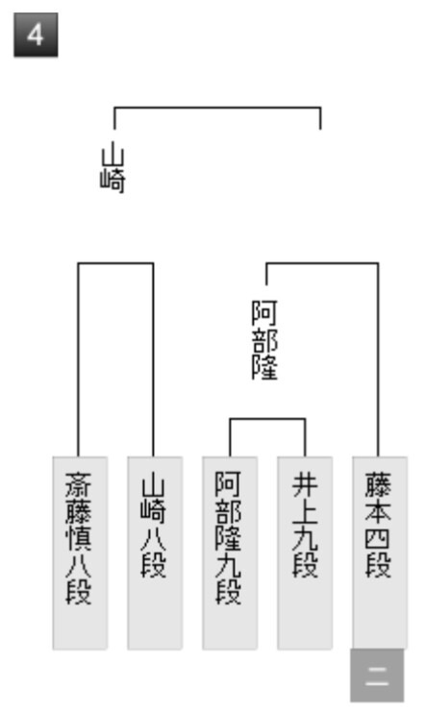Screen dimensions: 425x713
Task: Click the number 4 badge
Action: [36, 35]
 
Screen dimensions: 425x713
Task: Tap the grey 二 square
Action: [377, 676]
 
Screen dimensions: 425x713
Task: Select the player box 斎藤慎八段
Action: [80, 553]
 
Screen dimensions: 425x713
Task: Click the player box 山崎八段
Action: [155, 553]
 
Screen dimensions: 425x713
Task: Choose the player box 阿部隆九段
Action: [230, 553]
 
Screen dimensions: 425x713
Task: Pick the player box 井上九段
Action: [305, 553]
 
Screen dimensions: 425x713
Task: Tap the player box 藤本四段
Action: [380, 553]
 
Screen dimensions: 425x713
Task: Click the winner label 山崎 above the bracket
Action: [112, 167]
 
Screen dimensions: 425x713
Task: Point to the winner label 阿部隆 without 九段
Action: [264, 339]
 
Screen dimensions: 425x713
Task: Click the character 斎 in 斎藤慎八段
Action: [79, 484]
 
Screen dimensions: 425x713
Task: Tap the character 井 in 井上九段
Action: [305, 484]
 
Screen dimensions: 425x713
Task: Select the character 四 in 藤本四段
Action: [378, 538]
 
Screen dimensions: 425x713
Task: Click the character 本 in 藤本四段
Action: [378, 511]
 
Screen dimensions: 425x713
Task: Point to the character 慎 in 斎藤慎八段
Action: [79, 538]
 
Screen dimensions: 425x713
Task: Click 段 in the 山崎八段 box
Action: [153, 565]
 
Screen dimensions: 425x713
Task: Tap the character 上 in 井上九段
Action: [305, 511]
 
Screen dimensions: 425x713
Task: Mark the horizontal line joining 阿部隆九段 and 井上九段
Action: [267, 419]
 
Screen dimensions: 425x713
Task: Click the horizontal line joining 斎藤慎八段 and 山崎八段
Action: [115, 263]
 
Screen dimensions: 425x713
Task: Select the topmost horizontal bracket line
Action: [217, 108]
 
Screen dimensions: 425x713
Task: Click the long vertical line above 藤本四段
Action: [378, 359]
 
